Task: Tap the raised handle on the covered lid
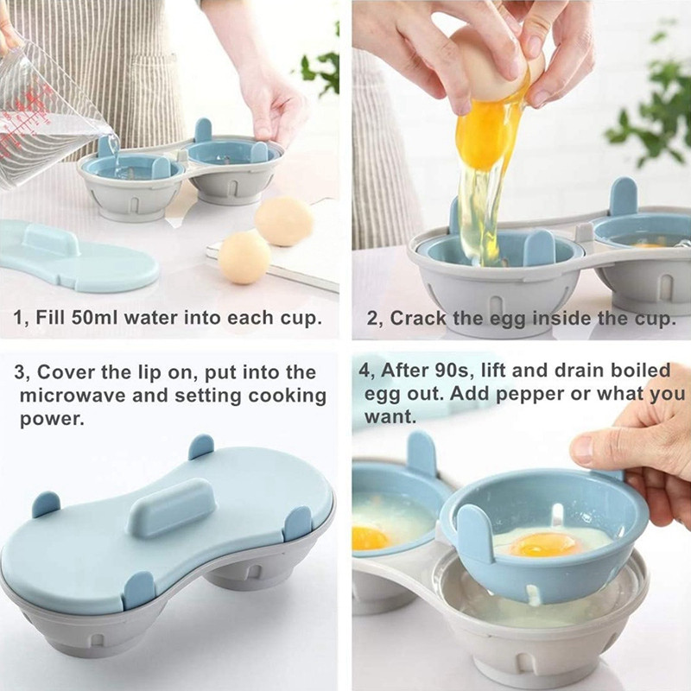point(172,508)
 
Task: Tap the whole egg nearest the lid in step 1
point(244,257)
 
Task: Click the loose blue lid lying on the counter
point(77,257)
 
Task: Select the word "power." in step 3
point(52,420)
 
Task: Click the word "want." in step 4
point(390,417)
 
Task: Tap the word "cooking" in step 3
point(287,396)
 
